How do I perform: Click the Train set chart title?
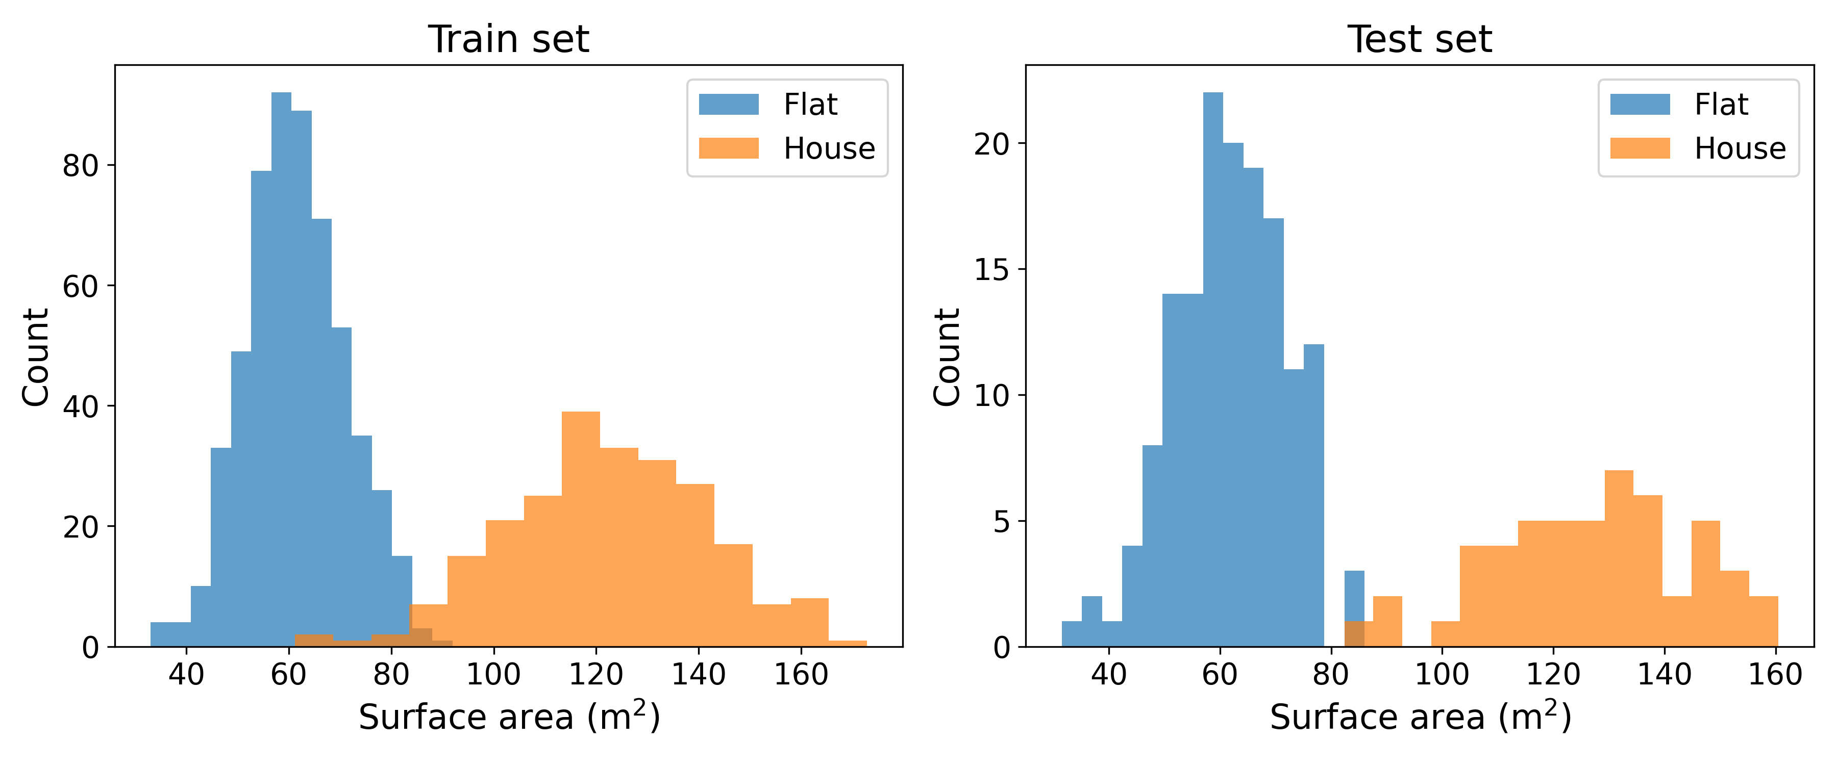coord(508,39)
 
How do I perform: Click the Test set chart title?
coord(1419,39)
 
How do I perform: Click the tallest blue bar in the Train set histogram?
coord(281,371)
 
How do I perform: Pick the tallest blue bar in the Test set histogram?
coord(1212,371)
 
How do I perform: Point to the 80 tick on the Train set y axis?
coord(80,165)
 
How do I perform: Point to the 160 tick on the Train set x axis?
coord(801,674)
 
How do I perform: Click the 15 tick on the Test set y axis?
coord(991,269)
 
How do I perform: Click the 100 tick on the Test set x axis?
coord(1441,674)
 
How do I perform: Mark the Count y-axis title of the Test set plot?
coord(947,356)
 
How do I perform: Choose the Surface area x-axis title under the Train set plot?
coord(508,717)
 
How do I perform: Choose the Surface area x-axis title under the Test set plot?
coord(1420,717)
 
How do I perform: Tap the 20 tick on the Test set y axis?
coord(991,144)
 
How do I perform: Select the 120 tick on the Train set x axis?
coord(595,674)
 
